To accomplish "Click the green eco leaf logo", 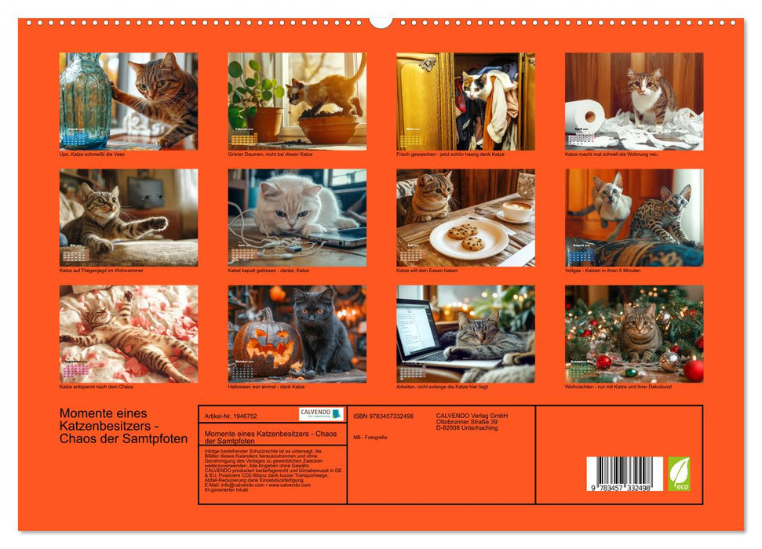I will (679, 474).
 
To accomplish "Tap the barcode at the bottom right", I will (625, 474).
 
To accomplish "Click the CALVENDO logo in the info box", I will (321, 414).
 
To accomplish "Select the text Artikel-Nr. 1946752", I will (230, 416).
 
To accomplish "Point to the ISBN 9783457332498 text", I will (383, 416).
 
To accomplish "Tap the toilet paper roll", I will (585, 116).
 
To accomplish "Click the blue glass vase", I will (85, 98).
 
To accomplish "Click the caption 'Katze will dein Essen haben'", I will (433, 271).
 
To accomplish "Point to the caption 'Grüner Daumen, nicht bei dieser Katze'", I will (270, 155).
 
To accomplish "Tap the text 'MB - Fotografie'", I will (370, 437).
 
